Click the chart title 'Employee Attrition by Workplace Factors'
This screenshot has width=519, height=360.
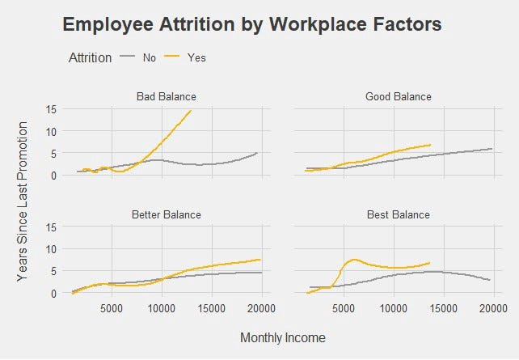tap(251, 25)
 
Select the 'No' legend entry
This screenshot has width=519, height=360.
tap(149, 57)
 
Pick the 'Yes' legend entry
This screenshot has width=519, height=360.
tap(196, 57)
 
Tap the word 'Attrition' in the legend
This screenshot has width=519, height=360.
tap(91, 57)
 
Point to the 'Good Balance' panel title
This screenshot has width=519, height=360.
tap(398, 97)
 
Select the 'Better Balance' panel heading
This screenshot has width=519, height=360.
tap(166, 214)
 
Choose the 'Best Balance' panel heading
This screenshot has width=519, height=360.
tap(398, 214)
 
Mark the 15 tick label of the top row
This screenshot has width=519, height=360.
tap(50, 109)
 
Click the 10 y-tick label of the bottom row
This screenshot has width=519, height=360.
tap(50, 249)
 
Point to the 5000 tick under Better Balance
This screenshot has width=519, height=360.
tap(112, 307)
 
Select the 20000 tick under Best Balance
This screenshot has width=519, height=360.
tap(492, 307)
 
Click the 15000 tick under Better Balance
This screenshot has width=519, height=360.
tap(211, 307)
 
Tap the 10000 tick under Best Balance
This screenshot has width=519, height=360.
tap(393, 307)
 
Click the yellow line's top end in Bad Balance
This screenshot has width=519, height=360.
tap(191, 111)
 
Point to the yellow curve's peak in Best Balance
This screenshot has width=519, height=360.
tap(354, 260)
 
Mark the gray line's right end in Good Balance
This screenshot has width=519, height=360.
tap(492, 148)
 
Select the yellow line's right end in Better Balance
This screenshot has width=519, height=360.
tap(259, 260)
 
